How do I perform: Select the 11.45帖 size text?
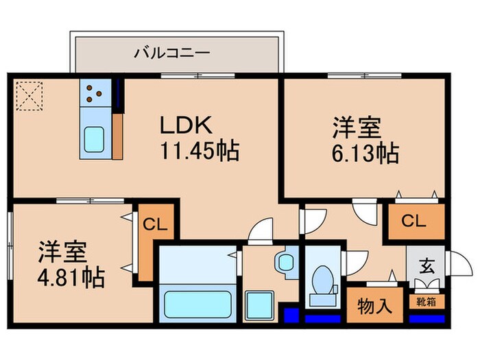(x=200, y=151)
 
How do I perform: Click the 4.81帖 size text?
(x=71, y=278)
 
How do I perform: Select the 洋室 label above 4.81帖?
(x=62, y=252)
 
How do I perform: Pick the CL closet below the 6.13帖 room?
(x=413, y=221)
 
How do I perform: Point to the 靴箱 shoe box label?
(x=425, y=300)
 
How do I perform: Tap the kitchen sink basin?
(x=93, y=140)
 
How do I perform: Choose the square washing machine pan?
(x=260, y=304)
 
